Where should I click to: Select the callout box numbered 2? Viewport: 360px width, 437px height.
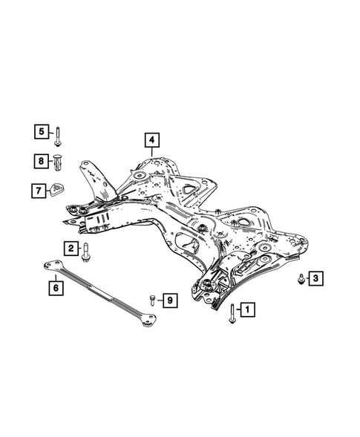coord(71,248)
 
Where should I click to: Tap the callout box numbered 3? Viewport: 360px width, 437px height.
coord(315,278)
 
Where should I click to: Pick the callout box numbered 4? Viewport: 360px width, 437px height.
coord(151,140)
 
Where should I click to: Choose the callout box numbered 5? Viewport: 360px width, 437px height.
coord(42,131)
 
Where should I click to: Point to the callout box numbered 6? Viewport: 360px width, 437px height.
coord(56,288)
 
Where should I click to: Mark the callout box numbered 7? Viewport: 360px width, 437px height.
coord(39,191)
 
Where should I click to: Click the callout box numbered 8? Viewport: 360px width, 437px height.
coord(42,161)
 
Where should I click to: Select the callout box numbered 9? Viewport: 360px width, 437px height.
coord(170,300)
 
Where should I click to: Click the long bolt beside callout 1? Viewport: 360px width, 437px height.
coord(232,314)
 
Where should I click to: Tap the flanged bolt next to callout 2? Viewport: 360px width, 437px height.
coord(85,252)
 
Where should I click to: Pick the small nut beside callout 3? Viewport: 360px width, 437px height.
coord(300,279)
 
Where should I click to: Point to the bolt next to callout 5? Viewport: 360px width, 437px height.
coord(58,137)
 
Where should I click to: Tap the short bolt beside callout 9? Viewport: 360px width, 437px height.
coord(152,300)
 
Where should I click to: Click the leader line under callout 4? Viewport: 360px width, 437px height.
coord(151,151)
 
